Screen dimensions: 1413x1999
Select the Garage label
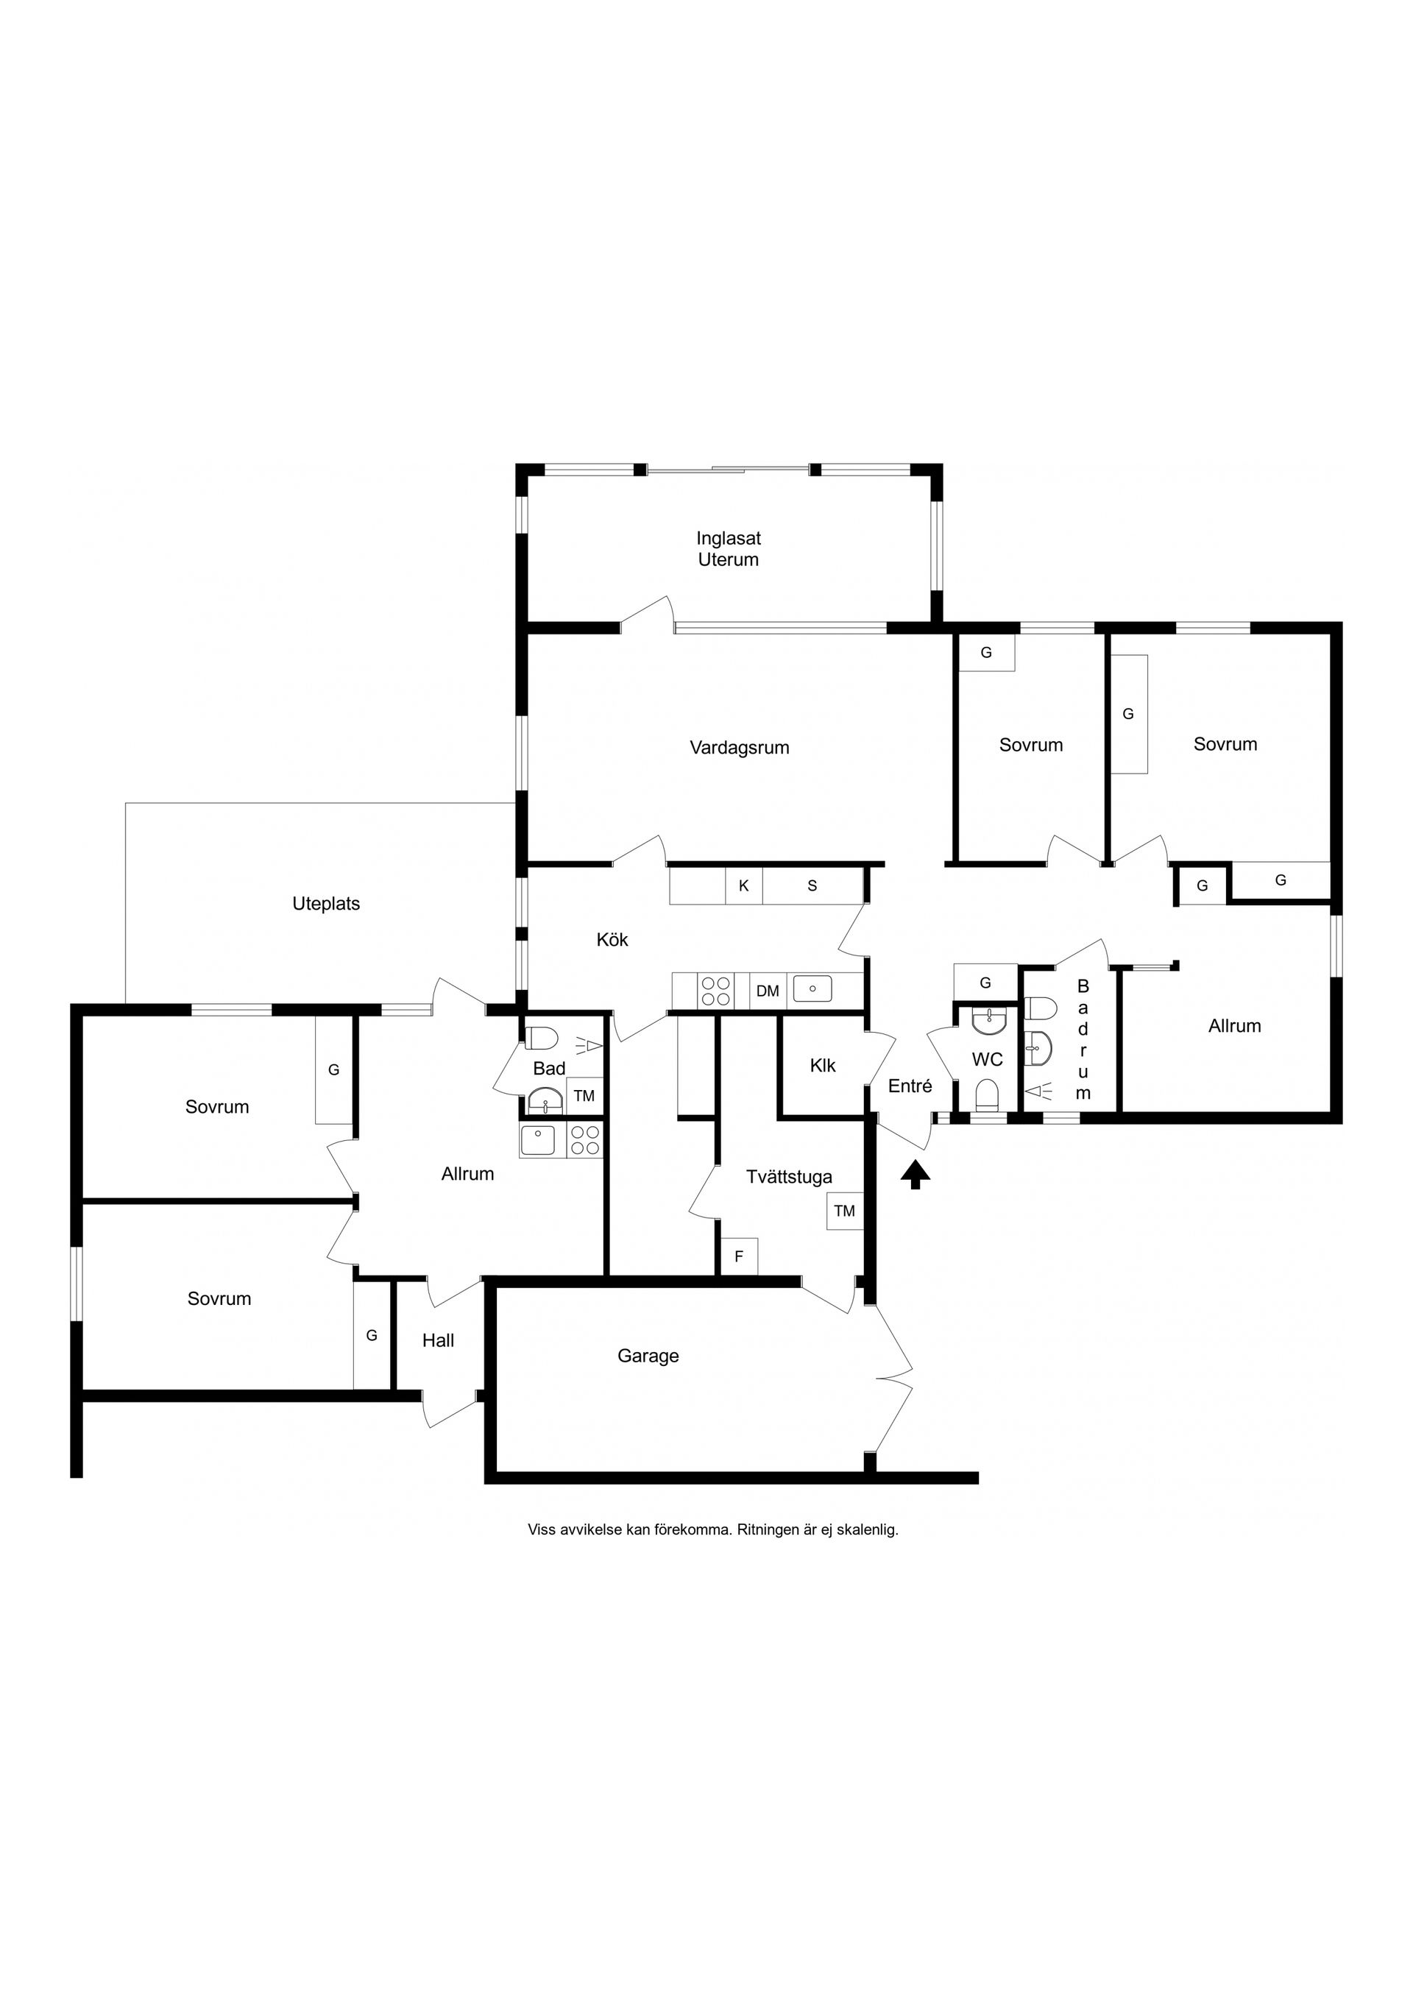648,1356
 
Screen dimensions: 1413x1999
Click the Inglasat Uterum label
729,548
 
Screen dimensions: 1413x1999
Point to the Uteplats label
325,904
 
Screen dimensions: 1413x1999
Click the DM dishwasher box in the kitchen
767,991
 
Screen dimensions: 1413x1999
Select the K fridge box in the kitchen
744,886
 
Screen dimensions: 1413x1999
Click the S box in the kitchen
813,886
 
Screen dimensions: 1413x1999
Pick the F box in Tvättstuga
739,1257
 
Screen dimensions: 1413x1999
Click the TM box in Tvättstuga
845,1211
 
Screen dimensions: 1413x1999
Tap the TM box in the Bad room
584,1096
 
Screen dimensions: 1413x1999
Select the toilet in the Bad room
542,1039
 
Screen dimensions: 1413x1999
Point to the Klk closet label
823,1065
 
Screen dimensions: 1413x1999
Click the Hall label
438,1340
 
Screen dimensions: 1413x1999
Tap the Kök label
612,939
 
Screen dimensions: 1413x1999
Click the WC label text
988,1060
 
